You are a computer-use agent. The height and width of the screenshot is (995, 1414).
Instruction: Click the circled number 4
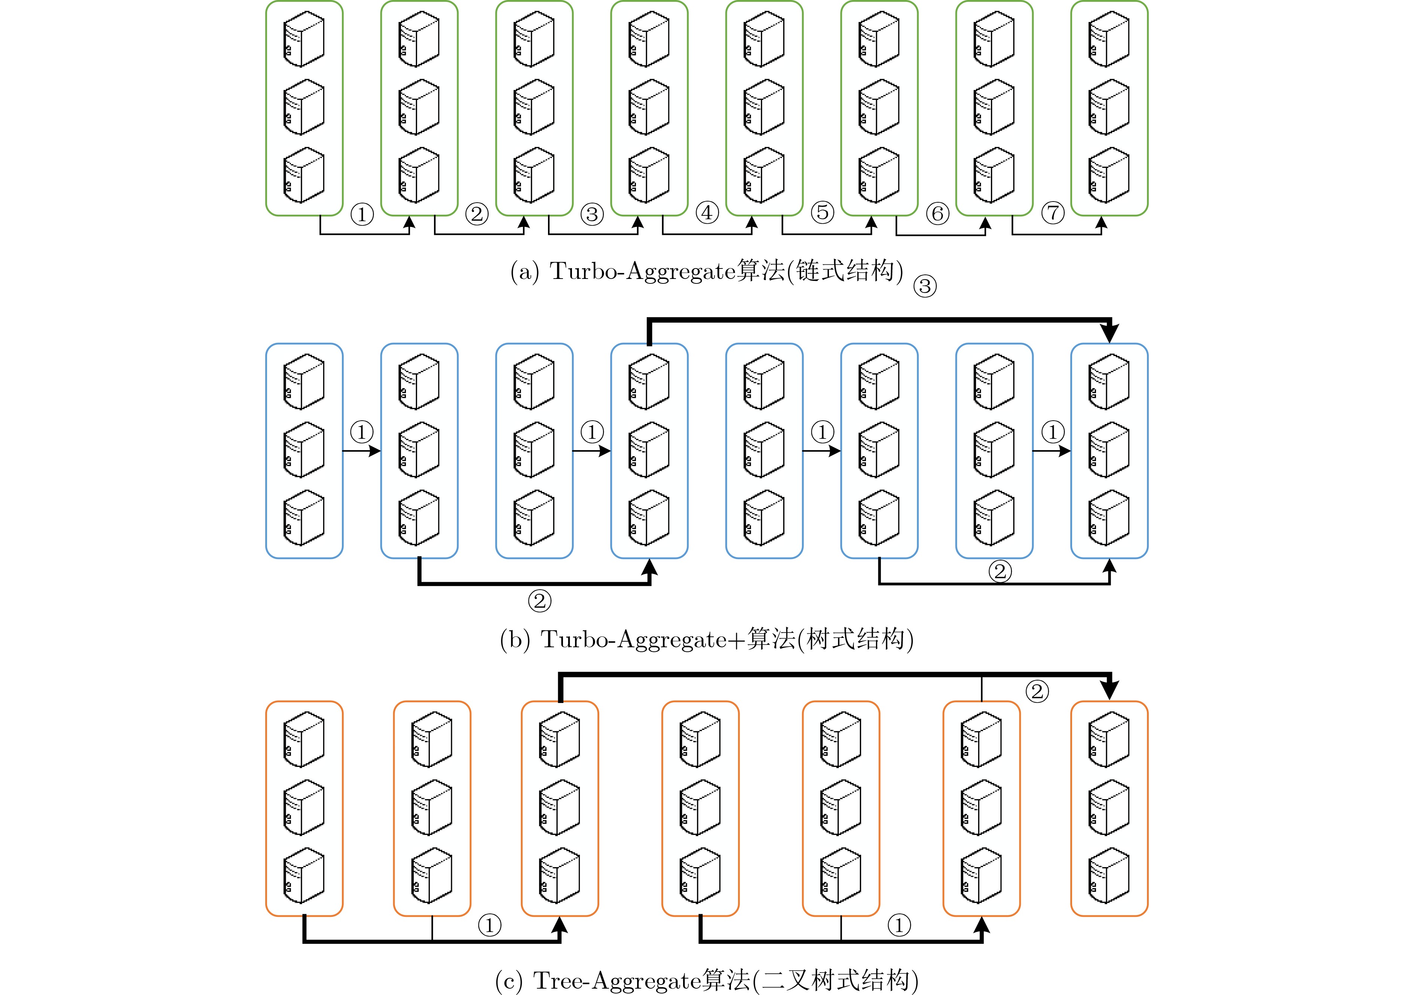[707, 213]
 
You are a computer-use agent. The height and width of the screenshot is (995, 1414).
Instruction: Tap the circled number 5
[822, 213]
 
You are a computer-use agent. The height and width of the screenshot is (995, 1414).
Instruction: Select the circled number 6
[937, 214]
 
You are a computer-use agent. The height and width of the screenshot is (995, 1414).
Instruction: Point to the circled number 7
[1053, 213]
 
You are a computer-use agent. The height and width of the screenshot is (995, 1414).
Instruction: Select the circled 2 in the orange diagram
[1037, 691]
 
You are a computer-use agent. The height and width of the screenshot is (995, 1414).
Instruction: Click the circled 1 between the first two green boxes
[362, 214]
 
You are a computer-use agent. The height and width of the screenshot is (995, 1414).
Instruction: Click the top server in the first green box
[304, 39]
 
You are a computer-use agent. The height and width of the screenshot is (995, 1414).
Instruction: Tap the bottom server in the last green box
[1108, 175]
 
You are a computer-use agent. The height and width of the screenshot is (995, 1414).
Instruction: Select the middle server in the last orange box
[1108, 807]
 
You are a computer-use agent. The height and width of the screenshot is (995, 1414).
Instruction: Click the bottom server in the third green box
[534, 175]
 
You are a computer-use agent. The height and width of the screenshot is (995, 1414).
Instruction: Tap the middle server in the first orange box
[304, 807]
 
